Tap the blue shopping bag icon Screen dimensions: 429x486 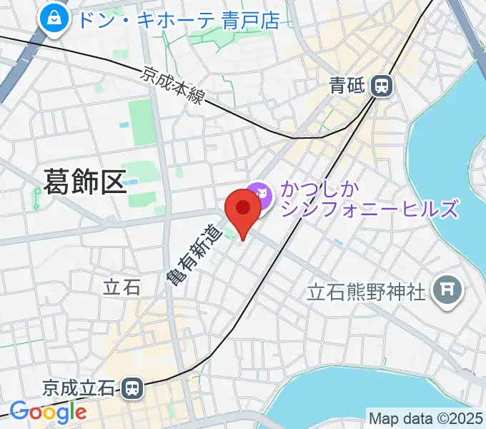[54, 21]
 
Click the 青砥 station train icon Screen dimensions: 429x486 [382, 87]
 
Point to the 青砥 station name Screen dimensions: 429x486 [347, 87]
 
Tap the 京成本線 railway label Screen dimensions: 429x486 [172, 85]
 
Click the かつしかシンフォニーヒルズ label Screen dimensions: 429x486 [368, 200]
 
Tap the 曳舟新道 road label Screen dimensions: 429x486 [192, 254]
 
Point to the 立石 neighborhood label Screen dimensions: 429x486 [121, 287]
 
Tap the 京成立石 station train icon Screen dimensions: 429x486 [132, 389]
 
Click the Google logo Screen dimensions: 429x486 [47, 412]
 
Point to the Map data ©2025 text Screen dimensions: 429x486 [425, 417]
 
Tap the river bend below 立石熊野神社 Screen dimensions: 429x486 [336, 393]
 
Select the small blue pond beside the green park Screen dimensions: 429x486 [124, 124]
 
